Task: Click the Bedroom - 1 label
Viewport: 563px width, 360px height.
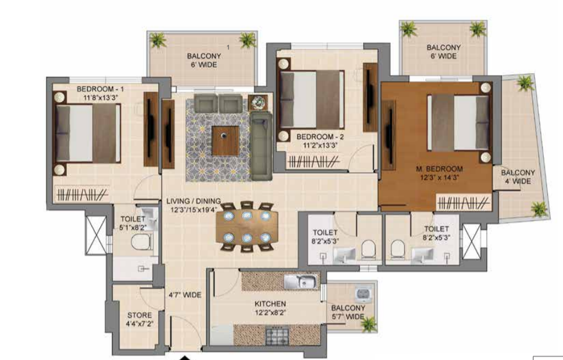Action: point(100,88)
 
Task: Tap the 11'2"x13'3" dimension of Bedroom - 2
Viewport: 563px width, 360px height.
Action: point(319,145)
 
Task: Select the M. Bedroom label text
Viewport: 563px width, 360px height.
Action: point(439,169)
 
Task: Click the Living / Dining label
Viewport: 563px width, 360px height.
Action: point(193,201)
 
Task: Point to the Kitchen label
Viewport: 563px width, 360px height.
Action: point(271,304)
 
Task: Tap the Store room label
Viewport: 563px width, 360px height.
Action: point(139,315)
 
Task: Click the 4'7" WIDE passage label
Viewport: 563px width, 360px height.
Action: point(185,295)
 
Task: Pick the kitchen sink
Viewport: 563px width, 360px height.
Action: point(302,282)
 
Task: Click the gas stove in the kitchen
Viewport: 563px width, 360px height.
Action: point(277,335)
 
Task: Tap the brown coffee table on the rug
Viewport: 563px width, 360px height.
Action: point(226,140)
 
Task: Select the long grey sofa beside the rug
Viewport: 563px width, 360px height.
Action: point(261,146)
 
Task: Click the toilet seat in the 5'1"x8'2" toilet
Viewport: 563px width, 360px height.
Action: point(142,242)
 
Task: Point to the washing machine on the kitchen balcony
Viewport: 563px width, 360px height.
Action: point(364,294)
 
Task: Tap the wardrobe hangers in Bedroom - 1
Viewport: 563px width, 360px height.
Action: point(82,194)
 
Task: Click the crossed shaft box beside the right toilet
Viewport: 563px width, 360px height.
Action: point(471,242)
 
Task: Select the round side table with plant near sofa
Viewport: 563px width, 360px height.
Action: point(258,103)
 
